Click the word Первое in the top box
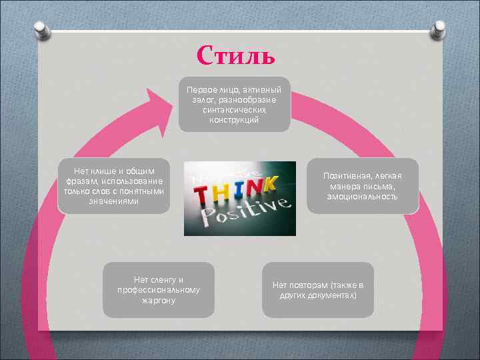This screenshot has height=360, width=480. click(201, 89)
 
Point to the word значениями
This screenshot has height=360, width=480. click(114, 201)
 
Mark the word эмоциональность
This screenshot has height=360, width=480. click(362, 197)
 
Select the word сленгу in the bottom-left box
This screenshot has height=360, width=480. click(165, 280)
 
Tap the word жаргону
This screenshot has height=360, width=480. click(159, 301)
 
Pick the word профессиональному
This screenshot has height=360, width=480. click(159, 290)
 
